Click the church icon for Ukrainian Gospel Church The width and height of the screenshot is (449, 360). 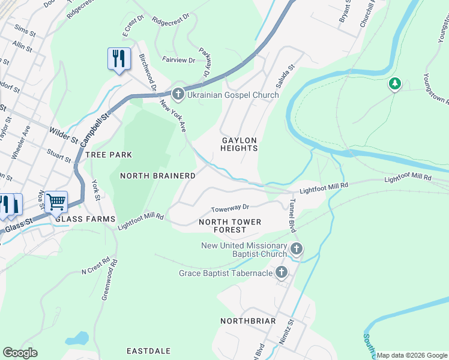(178, 95)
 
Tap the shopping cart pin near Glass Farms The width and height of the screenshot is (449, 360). (56, 202)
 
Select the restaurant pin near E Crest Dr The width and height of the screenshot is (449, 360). (119, 59)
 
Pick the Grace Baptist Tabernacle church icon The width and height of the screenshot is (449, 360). (281, 274)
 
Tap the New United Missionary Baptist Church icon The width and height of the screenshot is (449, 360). (296, 249)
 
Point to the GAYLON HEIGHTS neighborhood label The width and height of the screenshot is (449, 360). (240, 144)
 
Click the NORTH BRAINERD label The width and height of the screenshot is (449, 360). (158, 176)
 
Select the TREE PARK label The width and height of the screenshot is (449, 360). (108, 155)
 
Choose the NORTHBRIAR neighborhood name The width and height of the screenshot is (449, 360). (248, 321)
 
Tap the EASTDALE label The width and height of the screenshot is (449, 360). (149, 350)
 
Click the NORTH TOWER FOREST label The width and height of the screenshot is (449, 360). (230, 226)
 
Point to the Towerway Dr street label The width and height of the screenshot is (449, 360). (229, 208)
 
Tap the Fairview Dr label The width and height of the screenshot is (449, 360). (179, 61)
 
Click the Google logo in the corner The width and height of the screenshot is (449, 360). (20, 353)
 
